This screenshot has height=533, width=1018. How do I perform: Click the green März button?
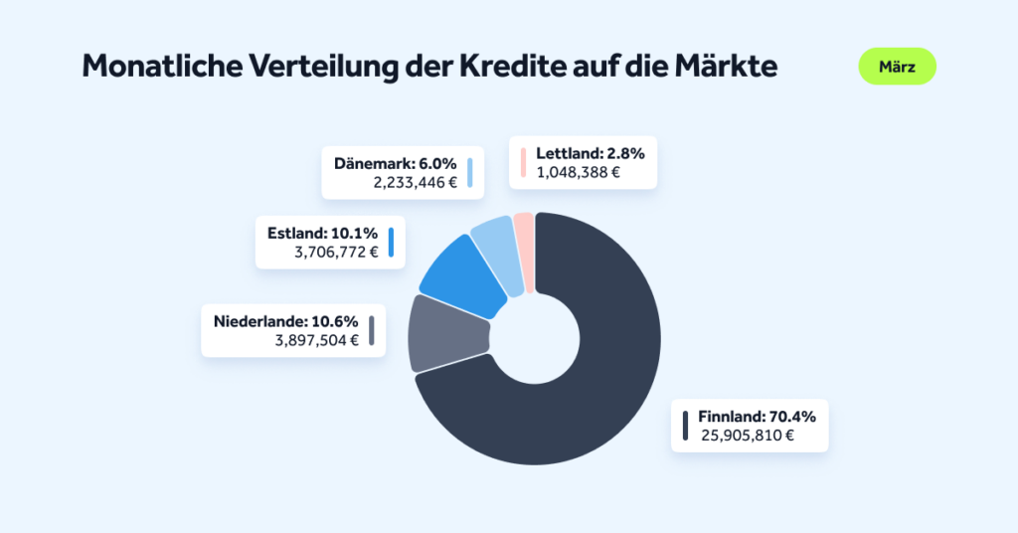coord(897,67)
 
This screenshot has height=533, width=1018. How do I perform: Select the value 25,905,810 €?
coord(748,435)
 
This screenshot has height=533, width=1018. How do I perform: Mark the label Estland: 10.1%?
coord(322,234)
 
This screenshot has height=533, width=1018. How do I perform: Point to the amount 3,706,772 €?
coord(336,253)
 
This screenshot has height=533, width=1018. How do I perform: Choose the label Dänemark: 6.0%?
coord(395,163)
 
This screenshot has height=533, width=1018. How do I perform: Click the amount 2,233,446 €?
coord(415,182)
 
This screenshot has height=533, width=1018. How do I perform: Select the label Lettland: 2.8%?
coord(591,153)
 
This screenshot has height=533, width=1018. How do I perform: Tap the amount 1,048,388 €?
coord(578,172)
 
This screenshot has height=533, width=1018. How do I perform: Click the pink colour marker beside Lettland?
coord(521,162)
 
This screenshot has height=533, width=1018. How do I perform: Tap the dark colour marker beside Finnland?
coord(684,425)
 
